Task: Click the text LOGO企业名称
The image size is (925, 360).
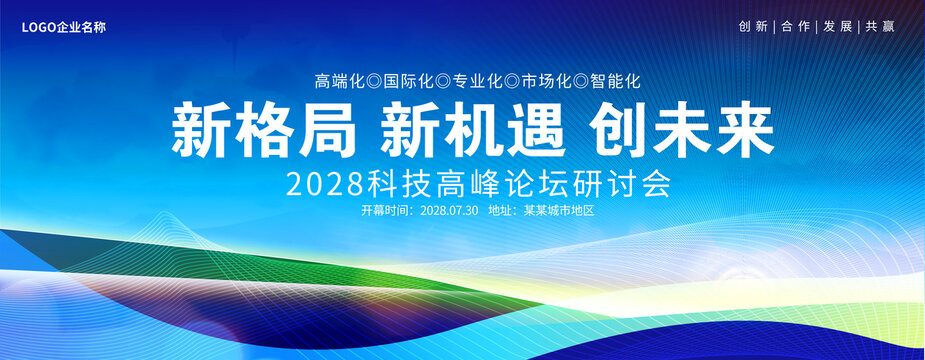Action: click(64, 27)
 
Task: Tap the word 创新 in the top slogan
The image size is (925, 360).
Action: click(753, 27)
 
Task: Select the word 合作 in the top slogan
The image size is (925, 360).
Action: click(795, 27)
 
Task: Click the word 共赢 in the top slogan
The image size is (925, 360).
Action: click(880, 27)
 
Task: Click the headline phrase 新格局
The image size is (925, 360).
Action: click(264, 130)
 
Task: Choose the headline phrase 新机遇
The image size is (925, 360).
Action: click(473, 130)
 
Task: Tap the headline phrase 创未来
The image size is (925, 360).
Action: click(681, 130)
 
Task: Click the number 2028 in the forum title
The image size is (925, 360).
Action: click(324, 185)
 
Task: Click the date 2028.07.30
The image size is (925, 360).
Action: click(449, 211)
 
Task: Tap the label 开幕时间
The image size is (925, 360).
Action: click(383, 211)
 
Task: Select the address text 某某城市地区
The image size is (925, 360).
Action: click(559, 211)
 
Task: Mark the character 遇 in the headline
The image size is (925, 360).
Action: click(535, 130)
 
